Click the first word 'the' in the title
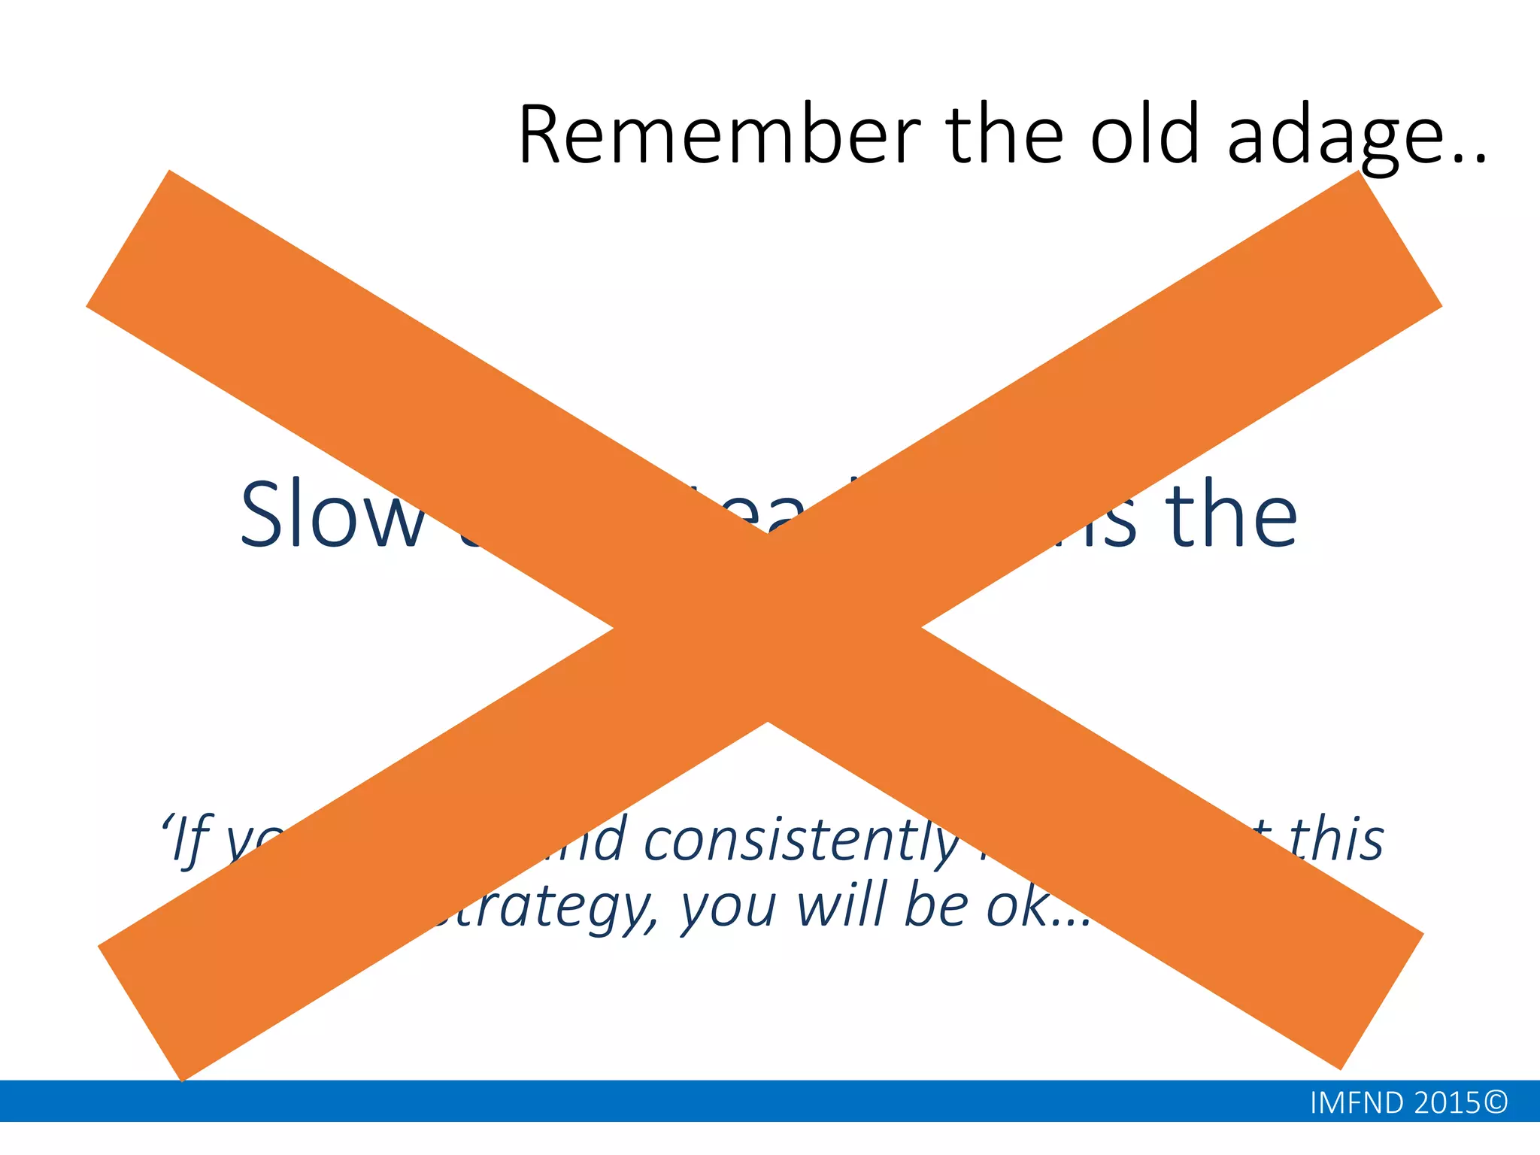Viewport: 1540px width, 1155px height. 1005,136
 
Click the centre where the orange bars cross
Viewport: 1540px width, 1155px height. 767,627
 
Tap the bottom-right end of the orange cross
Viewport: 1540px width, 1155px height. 1382,1000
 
